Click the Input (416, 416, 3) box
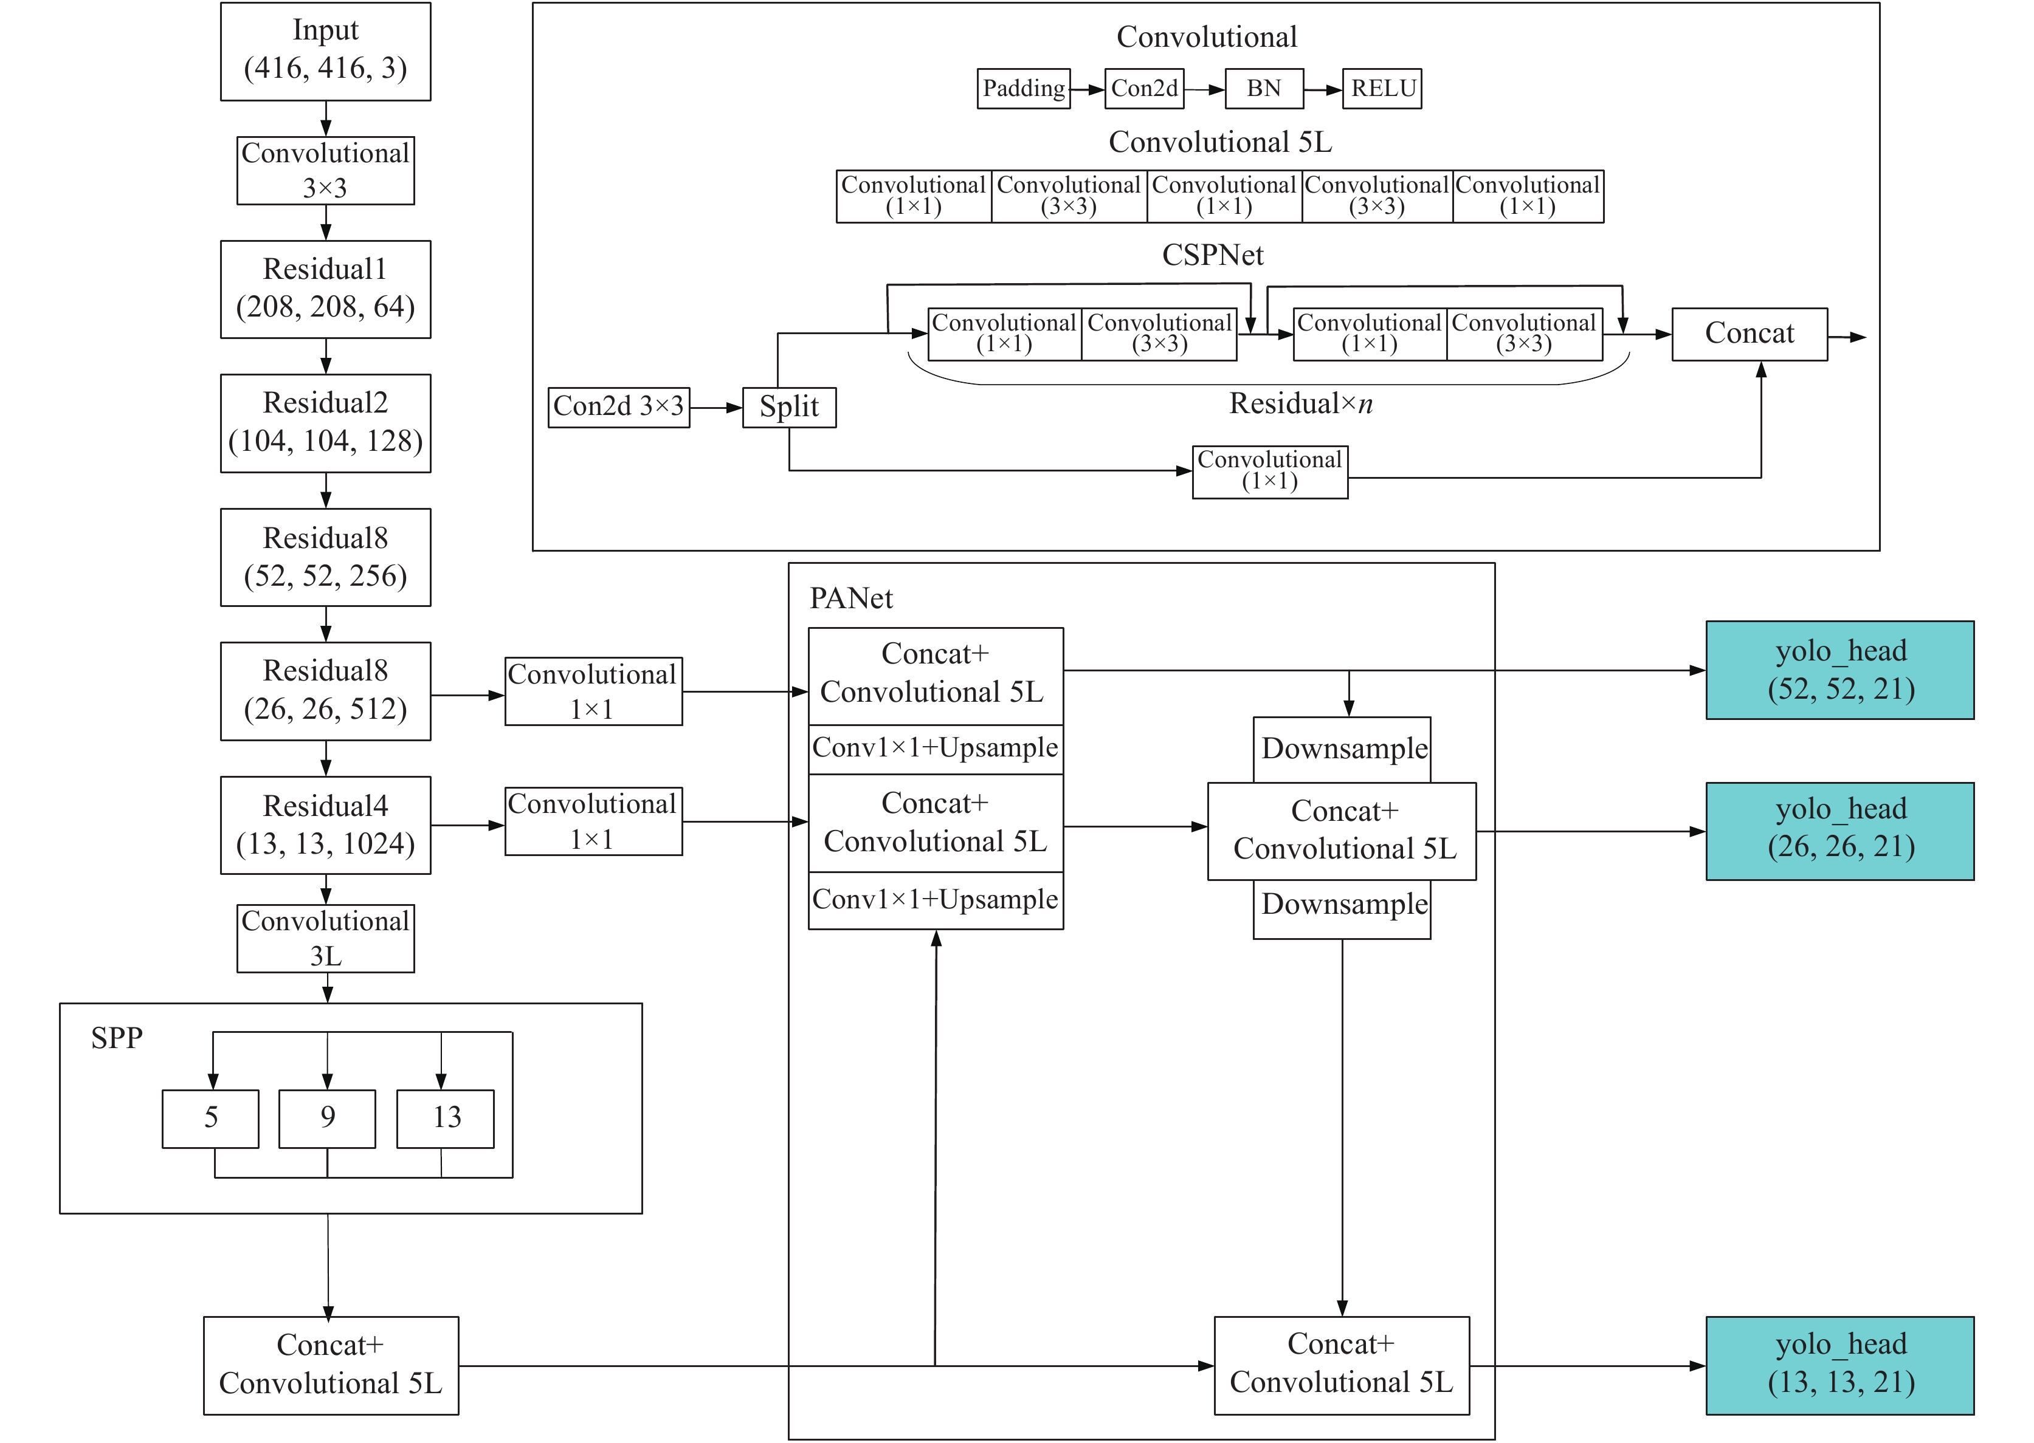(x=325, y=52)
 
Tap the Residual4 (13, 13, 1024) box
(x=325, y=826)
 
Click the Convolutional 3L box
(x=325, y=938)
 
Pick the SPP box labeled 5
(x=211, y=1119)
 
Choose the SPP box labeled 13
(x=446, y=1119)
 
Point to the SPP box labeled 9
(x=327, y=1119)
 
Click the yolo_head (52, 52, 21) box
(x=1839, y=670)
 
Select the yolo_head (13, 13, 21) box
(x=1839, y=1366)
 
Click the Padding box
(x=1023, y=89)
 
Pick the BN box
(x=1264, y=89)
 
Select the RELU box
(x=1382, y=89)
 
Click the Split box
(x=790, y=407)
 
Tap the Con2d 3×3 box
(x=619, y=407)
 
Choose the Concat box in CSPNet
(x=1750, y=334)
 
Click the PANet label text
(x=851, y=598)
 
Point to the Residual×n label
(x=1301, y=403)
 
